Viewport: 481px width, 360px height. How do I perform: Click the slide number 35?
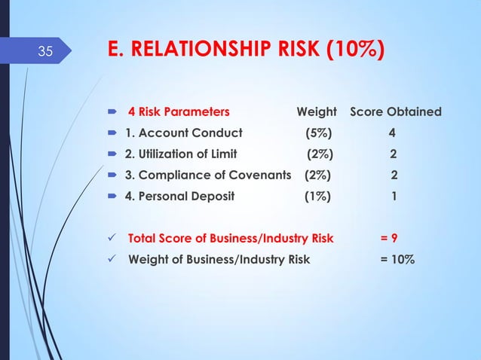click(x=45, y=52)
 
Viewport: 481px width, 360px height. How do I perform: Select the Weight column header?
click(x=316, y=112)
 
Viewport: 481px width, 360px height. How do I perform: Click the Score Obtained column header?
click(x=396, y=112)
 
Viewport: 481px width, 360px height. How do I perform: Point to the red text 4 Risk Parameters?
click(x=179, y=112)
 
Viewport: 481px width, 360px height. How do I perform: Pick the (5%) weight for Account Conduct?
click(x=317, y=133)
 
